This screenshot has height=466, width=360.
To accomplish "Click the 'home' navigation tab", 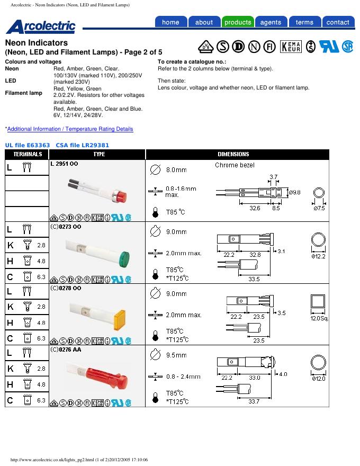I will point(171,22).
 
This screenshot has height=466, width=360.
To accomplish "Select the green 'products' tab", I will point(238,22).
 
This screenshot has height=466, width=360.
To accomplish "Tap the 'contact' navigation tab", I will point(338,22).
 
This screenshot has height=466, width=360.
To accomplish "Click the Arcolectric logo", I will point(41,26).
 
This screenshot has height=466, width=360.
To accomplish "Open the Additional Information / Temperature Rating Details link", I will point(70,129).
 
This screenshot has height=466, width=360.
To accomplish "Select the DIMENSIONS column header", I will point(233,154).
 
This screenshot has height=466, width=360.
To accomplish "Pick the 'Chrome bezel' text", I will point(235,165).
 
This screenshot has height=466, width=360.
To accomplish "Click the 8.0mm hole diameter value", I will point(176,170).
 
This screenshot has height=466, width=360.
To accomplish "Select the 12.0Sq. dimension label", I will point(319,318).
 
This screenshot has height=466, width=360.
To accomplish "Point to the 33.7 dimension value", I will point(254,401).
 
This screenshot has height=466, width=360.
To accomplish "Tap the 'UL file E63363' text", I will point(28,145).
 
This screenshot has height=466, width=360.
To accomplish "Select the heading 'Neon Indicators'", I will point(37,43).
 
